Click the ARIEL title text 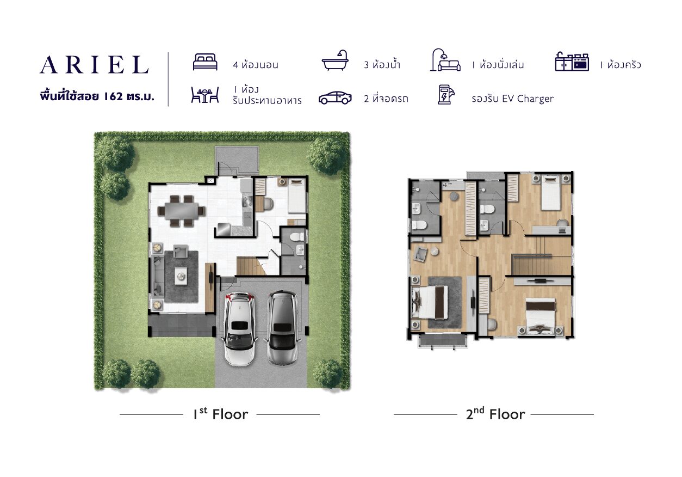(94, 65)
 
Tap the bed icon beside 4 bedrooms (205, 62)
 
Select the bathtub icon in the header (335, 60)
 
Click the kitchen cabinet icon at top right (572, 62)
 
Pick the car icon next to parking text (335, 98)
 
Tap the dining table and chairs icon (205, 95)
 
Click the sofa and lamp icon (445, 60)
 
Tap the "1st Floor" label (221, 414)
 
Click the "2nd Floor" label (495, 414)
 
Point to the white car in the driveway (240, 329)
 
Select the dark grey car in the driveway (282, 328)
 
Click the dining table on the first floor (182, 211)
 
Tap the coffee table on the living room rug (181, 276)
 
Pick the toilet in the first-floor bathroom (296, 237)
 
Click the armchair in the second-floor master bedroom (420, 254)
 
